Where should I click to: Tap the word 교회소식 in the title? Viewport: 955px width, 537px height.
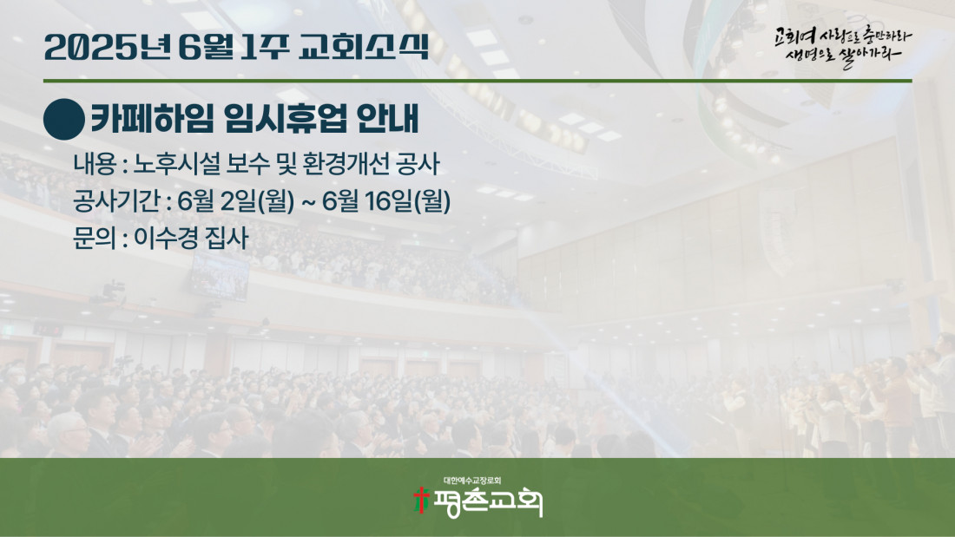coord(364,47)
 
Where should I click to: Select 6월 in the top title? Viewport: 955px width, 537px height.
coord(206,48)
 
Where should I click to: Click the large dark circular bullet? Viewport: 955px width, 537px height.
coord(64,120)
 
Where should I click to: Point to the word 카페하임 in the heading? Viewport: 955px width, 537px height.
coord(152,119)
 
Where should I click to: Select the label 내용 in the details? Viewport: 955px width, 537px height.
coord(95,164)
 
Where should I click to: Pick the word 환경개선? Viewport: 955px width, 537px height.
coord(344,164)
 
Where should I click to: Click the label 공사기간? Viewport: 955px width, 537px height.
coord(116,201)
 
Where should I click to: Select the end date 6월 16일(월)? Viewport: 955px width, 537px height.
coord(386,201)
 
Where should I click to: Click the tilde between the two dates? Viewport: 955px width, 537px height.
coord(308,201)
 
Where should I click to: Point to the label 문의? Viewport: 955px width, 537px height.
coord(95,238)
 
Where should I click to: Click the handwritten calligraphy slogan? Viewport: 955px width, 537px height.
coord(843,46)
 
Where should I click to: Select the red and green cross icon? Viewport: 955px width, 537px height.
coord(421,501)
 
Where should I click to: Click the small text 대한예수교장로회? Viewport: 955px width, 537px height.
coord(472,481)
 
